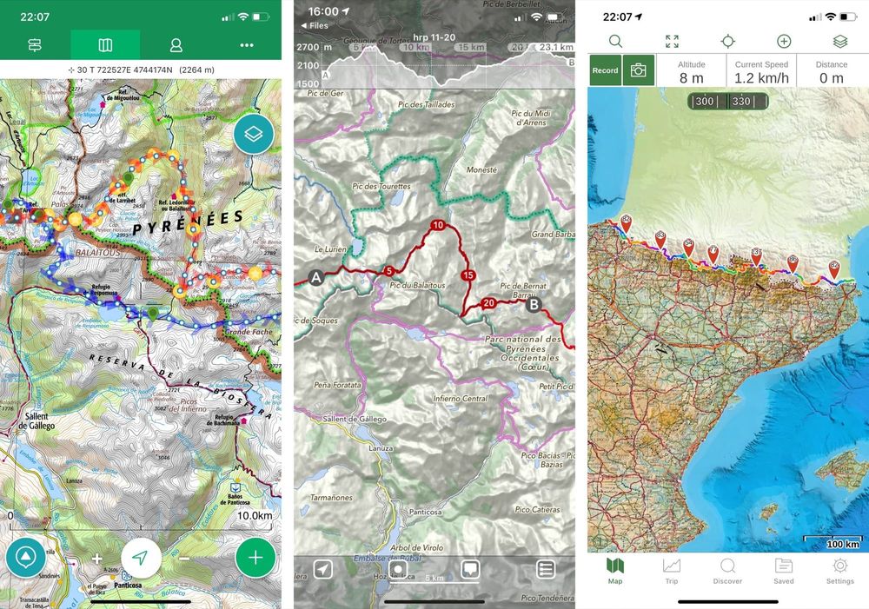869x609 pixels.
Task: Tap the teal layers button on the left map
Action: point(254,134)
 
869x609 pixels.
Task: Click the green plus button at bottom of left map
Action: point(255,558)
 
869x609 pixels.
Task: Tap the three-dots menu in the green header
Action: point(247,44)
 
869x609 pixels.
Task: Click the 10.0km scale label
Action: point(254,516)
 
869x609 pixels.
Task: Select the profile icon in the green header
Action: point(176,44)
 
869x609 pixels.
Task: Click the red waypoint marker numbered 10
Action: point(438,226)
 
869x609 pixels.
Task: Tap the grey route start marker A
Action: point(315,278)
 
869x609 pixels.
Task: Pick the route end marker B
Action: point(533,305)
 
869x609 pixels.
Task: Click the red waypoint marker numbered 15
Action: point(468,275)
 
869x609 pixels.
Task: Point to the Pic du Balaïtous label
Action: point(418,285)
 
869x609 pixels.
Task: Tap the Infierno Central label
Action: point(461,399)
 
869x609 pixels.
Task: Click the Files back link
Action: point(314,26)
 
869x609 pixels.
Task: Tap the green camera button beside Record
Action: point(639,71)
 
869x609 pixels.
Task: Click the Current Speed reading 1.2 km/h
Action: point(761,78)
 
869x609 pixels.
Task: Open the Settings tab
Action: point(839,570)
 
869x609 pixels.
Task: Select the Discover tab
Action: point(727,570)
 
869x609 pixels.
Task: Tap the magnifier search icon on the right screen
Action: point(615,41)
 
